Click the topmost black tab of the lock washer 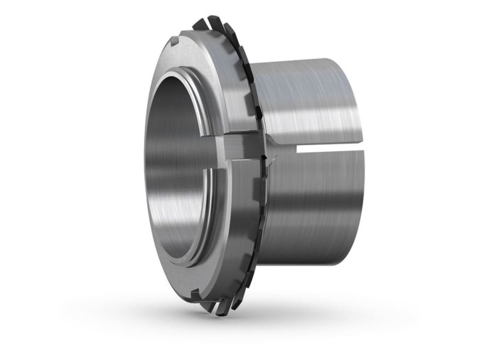click(x=202, y=23)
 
